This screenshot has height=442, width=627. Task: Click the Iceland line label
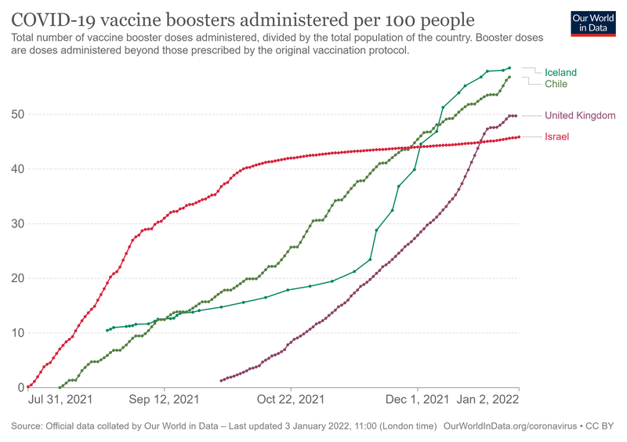560,73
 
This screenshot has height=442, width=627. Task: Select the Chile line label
556,84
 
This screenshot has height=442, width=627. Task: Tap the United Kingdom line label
580,115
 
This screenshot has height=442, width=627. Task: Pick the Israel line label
556,137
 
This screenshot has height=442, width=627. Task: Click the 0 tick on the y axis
19,387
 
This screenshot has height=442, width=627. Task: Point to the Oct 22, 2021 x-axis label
291,400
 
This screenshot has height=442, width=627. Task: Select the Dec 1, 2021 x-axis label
416,400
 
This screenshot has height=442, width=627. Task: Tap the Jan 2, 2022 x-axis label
488,400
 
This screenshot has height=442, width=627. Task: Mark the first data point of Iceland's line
107,330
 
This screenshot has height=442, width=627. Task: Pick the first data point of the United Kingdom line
222,380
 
